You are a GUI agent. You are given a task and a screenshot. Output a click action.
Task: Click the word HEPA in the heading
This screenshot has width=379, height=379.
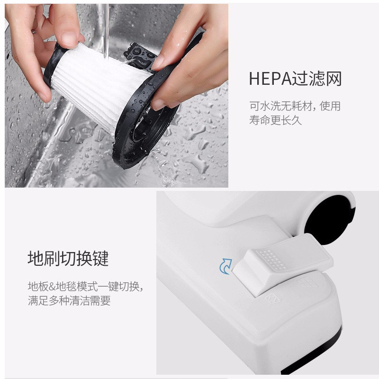tap(270, 79)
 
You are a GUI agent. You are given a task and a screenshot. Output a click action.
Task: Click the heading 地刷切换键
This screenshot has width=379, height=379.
tap(68, 258)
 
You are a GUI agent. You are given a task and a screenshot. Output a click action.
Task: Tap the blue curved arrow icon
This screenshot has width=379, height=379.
tap(226, 266)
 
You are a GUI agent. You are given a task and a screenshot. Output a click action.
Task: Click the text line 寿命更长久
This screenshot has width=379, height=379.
tap(275, 120)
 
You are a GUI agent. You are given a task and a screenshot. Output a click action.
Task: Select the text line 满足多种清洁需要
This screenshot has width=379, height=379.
tap(69, 300)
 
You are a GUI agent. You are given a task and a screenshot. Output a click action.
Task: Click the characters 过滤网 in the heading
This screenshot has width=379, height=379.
tap(316, 79)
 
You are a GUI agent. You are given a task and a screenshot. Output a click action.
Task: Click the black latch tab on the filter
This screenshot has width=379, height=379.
tap(140, 57)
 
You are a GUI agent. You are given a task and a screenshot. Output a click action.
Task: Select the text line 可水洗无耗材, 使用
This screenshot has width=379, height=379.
tap(295, 106)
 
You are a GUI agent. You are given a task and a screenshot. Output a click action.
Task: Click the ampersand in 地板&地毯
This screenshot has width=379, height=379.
tap(52, 287)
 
